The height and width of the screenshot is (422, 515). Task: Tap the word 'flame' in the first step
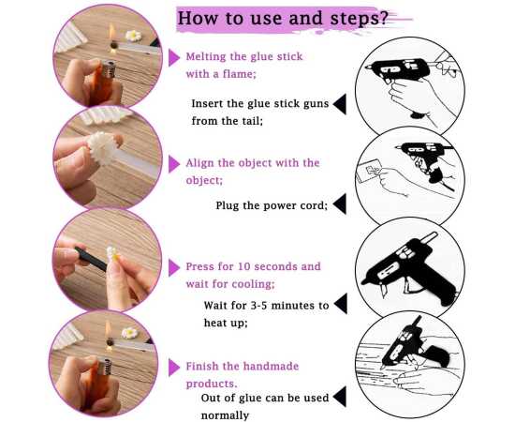(x=238, y=74)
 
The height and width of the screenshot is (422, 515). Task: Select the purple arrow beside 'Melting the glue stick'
(x=174, y=57)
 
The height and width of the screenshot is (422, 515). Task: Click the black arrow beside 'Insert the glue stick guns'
(x=340, y=104)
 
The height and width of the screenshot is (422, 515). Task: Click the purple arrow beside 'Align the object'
(x=174, y=164)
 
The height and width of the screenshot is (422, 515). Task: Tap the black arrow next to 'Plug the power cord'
(x=340, y=203)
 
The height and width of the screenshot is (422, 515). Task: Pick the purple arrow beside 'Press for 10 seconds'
(x=174, y=267)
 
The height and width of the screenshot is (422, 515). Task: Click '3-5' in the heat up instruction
(x=258, y=306)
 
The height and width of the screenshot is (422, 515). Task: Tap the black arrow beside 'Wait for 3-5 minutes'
(x=341, y=304)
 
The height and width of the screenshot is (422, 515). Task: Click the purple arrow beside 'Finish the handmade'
(x=174, y=368)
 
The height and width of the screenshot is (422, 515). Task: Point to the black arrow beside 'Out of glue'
(x=340, y=397)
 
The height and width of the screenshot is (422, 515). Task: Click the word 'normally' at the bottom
(x=225, y=415)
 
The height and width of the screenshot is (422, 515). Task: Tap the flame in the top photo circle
(x=112, y=34)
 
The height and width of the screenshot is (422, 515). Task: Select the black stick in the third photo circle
(x=91, y=258)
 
